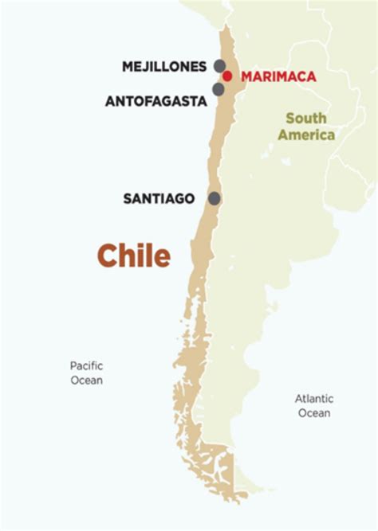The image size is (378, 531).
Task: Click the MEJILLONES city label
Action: click(163, 67)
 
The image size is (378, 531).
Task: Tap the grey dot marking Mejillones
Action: click(219, 66)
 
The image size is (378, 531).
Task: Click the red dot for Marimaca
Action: click(227, 76)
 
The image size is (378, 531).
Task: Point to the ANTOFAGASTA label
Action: click(156, 101)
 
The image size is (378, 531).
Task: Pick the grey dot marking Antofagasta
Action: click(218, 89)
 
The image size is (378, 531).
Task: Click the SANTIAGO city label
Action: click(159, 198)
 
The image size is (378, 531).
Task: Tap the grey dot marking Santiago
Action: click(214, 198)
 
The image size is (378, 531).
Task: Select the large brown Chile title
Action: click(133, 256)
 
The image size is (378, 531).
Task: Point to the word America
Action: click(306, 135)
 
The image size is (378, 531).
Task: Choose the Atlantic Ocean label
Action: click(313, 406)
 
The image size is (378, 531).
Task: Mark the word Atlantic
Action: click(313, 399)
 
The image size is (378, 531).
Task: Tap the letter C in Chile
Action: click(108, 256)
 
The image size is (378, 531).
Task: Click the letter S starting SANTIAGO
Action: click(128, 198)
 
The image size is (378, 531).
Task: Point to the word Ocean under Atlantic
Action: click(313, 413)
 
